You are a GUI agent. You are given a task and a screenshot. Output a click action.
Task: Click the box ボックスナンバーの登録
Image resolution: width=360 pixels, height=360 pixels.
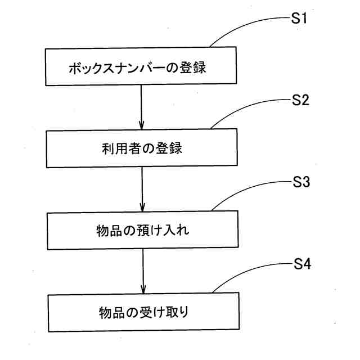[140, 67]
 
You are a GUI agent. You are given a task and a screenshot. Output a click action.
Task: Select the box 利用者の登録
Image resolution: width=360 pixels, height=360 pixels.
[141, 150]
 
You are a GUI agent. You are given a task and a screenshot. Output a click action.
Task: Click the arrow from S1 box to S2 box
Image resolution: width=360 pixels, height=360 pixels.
[141, 109]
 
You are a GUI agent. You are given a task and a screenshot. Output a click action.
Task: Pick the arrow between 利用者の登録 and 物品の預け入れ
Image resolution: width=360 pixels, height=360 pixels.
[142, 190]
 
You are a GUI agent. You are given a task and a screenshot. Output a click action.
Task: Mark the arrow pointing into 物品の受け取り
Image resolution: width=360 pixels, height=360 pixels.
[143, 272]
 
